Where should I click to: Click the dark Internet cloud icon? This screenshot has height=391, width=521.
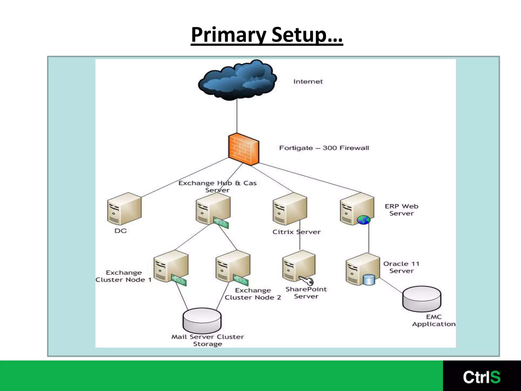tap(237, 80)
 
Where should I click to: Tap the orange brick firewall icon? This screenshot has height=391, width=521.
tap(243, 150)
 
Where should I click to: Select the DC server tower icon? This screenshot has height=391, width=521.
tap(124, 209)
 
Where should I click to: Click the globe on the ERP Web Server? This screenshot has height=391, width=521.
tap(363, 220)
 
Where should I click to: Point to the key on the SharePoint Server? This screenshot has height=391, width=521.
tap(307, 281)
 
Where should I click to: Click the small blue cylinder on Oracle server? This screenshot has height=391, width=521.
tap(369, 280)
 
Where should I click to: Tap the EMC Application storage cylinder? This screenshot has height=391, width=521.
tap(422, 299)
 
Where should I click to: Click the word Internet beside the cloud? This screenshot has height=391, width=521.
tap(308, 81)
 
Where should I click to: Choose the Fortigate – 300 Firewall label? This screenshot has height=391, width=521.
tap(324, 148)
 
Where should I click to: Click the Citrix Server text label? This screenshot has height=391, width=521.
tap(296, 232)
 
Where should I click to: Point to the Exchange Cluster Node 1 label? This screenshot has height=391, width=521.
tap(124, 276)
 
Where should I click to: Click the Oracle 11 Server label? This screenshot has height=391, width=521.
tap(401, 267)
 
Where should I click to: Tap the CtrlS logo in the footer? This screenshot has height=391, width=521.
tap(482, 377)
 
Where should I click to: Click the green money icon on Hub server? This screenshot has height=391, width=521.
tap(221, 222)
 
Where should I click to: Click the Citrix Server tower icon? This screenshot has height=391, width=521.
tap(290, 209)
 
